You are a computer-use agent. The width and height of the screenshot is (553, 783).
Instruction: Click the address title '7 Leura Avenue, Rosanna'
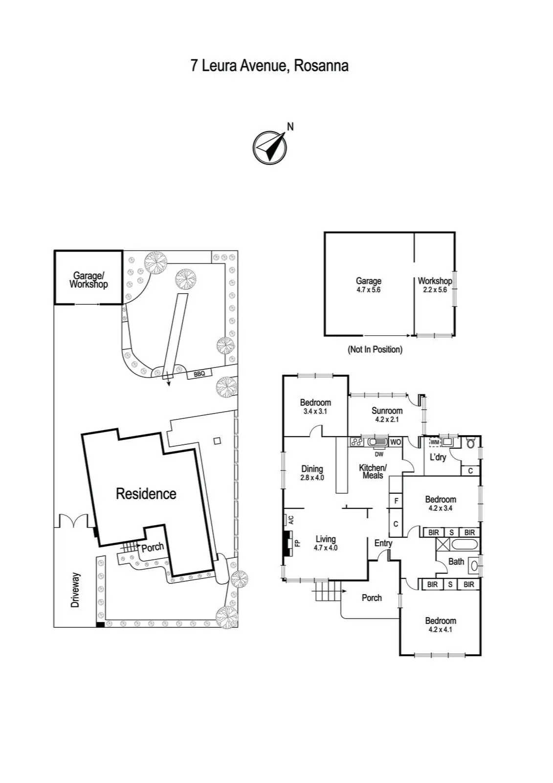[x=269, y=66]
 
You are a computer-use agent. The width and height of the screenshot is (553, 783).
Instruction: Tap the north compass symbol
[x=269, y=147]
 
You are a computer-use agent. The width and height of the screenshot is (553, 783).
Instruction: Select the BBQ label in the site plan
[x=199, y=374]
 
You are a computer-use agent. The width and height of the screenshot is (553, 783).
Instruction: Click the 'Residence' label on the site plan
[x=146, y=494]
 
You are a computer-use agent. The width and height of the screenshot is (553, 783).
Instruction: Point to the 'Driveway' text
[x=75, y=590]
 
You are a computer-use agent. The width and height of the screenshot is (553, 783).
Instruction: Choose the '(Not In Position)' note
[x=375, y=349]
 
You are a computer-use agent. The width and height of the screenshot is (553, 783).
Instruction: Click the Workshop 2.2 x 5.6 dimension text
[x=435, y=290]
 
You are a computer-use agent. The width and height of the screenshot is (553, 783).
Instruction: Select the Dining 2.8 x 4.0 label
[x=312, y=473]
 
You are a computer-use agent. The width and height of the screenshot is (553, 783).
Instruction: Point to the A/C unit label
[x=290, y=520]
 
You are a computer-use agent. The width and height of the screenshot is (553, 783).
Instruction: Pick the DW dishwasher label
[x=379, y=454]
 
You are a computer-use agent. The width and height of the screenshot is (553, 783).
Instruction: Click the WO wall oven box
[x=396, y=442]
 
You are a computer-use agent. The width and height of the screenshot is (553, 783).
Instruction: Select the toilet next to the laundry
[x=470, y=443]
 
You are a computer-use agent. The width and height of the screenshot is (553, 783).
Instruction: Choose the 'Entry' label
[x=383, y=543]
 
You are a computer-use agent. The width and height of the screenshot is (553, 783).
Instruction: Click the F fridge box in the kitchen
[x=396, y=501]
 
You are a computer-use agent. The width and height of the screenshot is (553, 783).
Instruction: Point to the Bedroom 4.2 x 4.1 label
[x=440, y=625]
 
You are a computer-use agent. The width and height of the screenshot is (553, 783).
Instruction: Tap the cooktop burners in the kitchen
[x=356, y=442]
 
